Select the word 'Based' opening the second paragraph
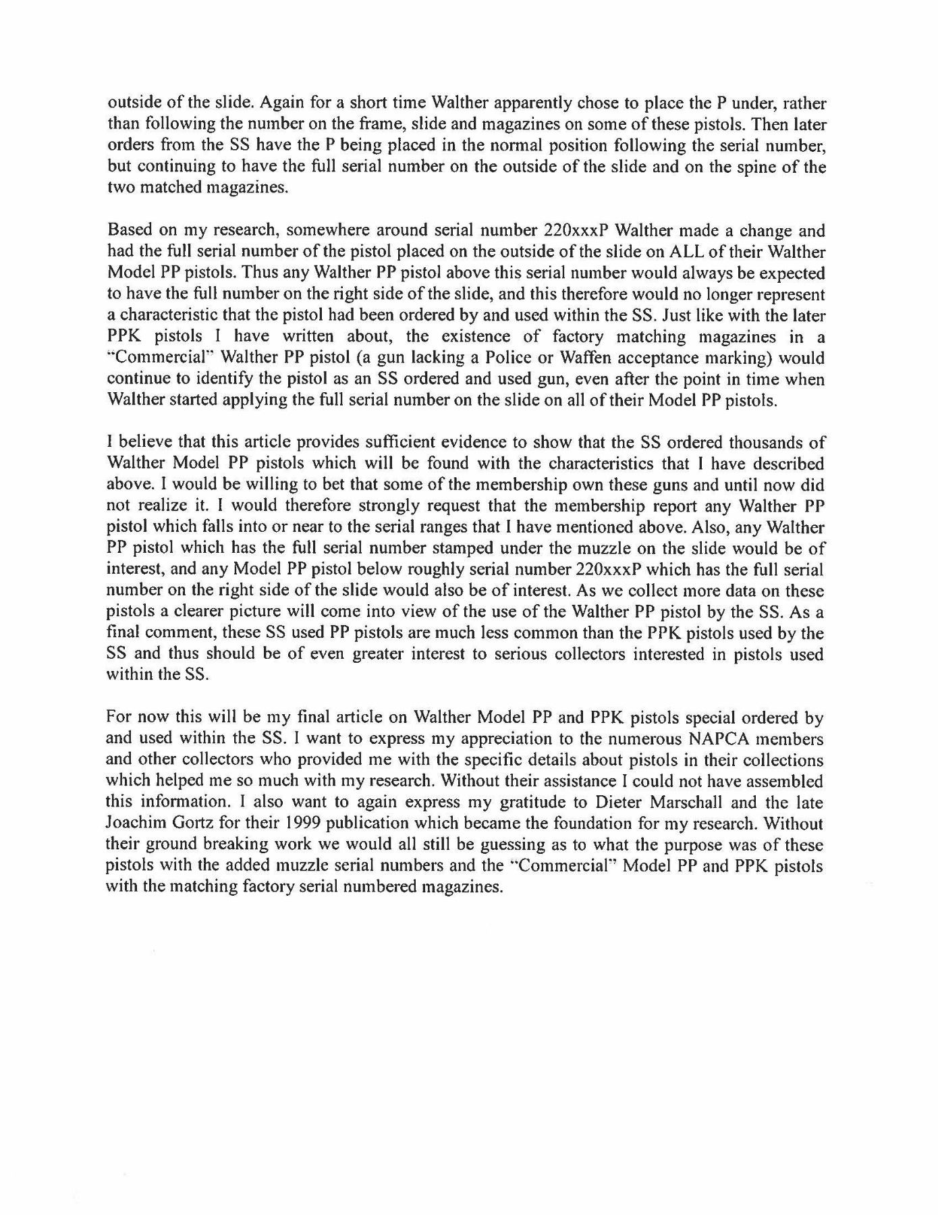click(128, 231)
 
